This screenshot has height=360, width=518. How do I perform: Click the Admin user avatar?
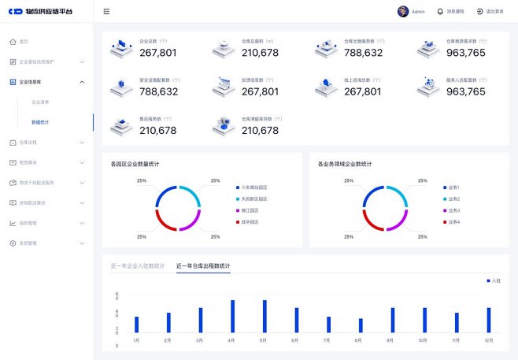(x=403, y=12)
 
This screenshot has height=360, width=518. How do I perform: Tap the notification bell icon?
(x=440, y=12)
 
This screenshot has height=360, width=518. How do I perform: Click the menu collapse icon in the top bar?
(x=106, y=12)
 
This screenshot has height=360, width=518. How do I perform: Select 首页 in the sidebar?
(x=24, y=41)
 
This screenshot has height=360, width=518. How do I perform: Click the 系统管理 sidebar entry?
(x=28, y=243)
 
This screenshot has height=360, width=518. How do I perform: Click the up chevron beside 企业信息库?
(x=82, y=82)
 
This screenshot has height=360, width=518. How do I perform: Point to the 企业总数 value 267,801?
(x=157, y=53)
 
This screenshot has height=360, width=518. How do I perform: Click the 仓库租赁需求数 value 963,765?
(x=465, y=53)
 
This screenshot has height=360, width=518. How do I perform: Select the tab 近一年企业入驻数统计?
(x=138, y=266)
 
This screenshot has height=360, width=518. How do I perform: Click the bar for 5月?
(x=265, y=316)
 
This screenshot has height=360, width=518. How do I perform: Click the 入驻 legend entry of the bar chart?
(x=493, y=280)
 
